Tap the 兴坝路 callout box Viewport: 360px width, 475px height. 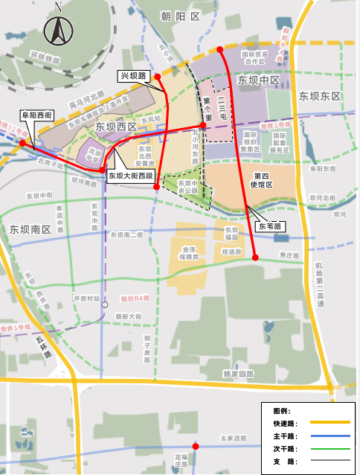pyautogui.click(x=135, y=76)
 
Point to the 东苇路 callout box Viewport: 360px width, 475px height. pyautogui.click(x=270, y=225)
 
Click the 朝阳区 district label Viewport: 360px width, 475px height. pyautogui.click(x=181, y=16)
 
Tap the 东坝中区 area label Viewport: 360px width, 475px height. pyautogui.click(x=257, y=80)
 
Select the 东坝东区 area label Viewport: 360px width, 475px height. pyautogui.click(x=319, y=96)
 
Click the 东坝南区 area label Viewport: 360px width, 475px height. pyautogui.click(x=30, y=229)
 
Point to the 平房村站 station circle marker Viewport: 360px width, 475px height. pyautogui.click(x=106, y=304)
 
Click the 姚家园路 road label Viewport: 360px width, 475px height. pyautogui.click(x=238, y=373)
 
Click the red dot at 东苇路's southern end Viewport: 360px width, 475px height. pyautogui.click(x=255, y=258)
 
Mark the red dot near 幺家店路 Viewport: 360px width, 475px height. pyautogui.click(x=196, y=446)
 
